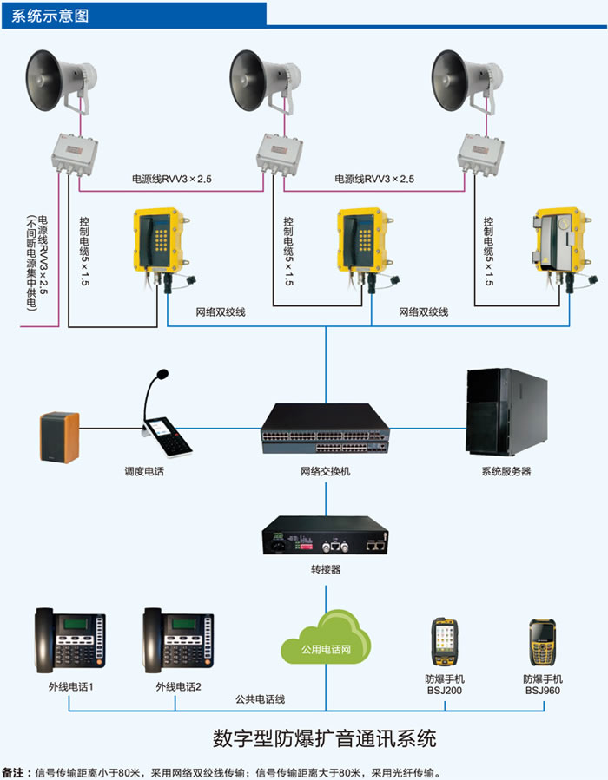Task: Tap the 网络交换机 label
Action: [x=325, y=472]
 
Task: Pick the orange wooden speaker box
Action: [x=59, y=436]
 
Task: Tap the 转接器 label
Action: [x=325, y=570]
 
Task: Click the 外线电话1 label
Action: [x=70, y=686]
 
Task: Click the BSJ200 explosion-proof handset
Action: [x=445, y=643]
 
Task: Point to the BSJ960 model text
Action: [x=543, y=692]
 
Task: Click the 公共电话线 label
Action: [x=260, y=698]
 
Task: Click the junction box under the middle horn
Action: [x=279, y=153]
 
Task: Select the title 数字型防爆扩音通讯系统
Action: [x=324, y=738]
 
